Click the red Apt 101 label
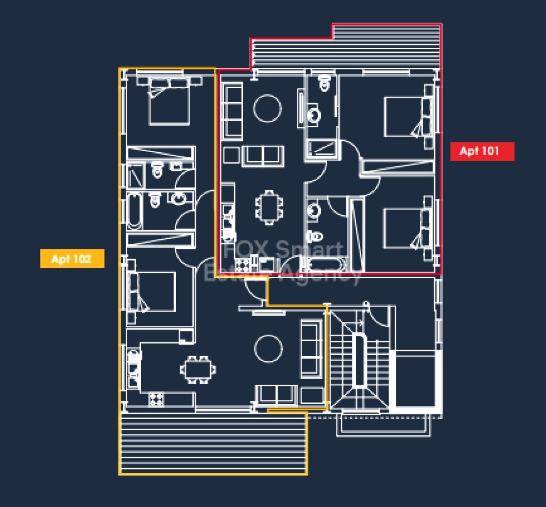point(482,151)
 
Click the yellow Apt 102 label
point(73,258)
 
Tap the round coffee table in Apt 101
point(267,108)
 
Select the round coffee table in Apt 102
point(268,349)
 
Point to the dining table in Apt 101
point(270,208)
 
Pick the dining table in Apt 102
point(198,370)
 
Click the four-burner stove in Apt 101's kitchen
point(243,265)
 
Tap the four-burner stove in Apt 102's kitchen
point(156,400)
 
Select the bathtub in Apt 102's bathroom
point(135,211)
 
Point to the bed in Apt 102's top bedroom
point(169,101)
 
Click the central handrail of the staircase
point(360,360)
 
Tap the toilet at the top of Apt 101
point(325,83)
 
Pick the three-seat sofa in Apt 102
point(311,349)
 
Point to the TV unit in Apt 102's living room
point(269,312)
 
